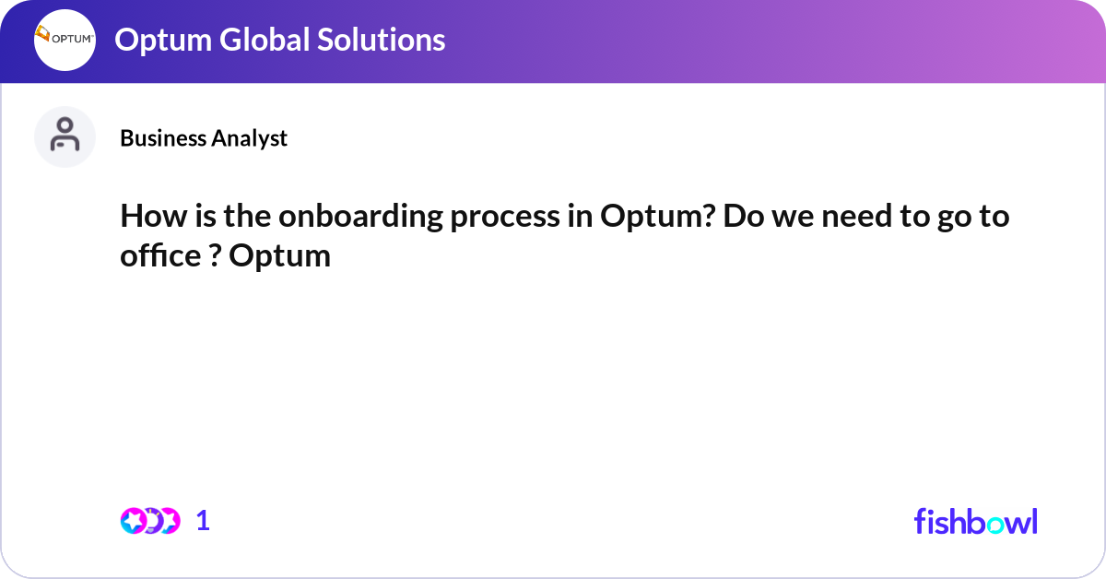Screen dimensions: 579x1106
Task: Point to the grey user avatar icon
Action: click(x=65, y=136)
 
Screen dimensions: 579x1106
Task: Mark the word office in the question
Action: click(x=158, y=255)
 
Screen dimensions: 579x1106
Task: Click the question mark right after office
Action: click(x=212, y=255)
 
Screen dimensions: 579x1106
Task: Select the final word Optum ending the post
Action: click(x=279, y=255)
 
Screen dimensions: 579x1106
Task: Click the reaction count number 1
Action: click(x=204, y=521)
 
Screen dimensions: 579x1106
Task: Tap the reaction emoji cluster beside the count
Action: click(x=149, y=521)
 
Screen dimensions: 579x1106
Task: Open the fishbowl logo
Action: click(x=975, y=521)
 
